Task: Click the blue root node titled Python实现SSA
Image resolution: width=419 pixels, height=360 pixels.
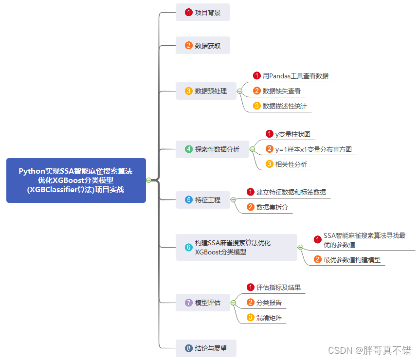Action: tap(76, 180)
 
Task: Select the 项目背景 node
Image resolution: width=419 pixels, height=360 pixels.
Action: tap(202, 12)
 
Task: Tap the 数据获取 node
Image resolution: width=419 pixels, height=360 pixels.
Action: tap(202, 46)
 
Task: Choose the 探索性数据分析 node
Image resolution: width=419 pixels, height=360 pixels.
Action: tap(212, 149)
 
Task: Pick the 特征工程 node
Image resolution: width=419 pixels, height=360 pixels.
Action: tap(202, 199)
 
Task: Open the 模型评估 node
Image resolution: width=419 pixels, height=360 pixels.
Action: tap(202, 303)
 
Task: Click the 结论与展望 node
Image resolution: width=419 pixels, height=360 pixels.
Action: tap(206, 348)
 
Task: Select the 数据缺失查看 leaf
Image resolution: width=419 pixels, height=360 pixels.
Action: tap(281, 90)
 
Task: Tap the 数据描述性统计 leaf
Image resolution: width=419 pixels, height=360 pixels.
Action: tap(284, 106)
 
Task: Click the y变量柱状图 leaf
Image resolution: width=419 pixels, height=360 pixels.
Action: tap(292, 134)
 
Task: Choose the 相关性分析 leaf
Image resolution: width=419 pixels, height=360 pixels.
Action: tap(291, 164)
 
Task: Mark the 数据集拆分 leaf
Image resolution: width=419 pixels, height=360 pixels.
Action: tap(272, 207)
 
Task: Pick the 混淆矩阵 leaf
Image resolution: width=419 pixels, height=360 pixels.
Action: tap(269, 318)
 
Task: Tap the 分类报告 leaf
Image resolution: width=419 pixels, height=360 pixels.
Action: tap(269, 303)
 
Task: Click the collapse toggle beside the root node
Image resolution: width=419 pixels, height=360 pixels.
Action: tap(149, 180)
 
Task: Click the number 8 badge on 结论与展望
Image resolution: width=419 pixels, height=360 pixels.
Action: tap(189, 348)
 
